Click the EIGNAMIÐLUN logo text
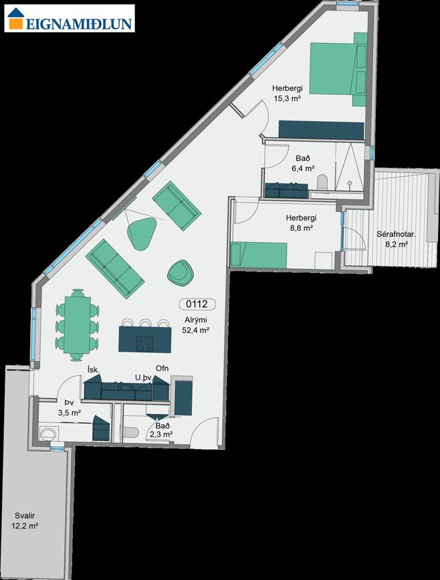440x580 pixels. [x=79, y=23]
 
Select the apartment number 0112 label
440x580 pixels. [x=197, y=304]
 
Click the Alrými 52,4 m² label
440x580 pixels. [x=196, y=326]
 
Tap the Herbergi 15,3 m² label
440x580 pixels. [x=288, y=93]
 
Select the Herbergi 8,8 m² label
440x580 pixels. [x=301, y=223]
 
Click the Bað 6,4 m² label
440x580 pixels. [x=303, y=163]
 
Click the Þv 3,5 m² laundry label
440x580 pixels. [x=70, y=407]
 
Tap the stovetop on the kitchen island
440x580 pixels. [x=145, y=344]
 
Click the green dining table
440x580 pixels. [x=78, y=324]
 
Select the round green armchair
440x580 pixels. [x=181, y=273]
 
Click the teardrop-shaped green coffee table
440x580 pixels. [x=141, y=233]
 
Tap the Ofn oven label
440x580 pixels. [x=162, y=368]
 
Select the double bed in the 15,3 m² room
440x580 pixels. [x=338, y=69]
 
